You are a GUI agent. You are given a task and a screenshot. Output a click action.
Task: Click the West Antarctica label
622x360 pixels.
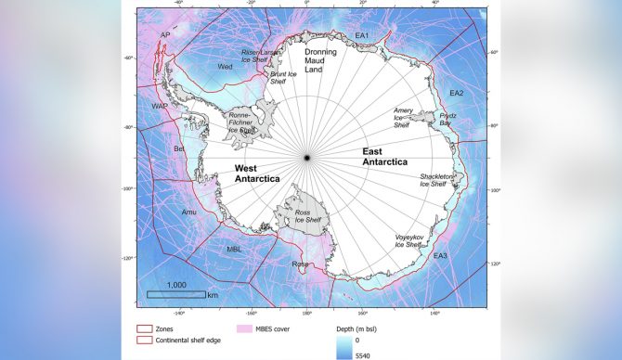click(x=251, y=174)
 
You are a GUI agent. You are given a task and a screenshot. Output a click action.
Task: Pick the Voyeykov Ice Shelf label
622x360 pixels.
click(x=410, y=241)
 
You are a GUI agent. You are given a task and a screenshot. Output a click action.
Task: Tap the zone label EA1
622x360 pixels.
click(x=362, y=36)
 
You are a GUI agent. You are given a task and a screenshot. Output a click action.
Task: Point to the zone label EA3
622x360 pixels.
click(x=440, y=255)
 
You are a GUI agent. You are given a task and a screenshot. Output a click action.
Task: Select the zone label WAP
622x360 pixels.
click(x=161, y=107)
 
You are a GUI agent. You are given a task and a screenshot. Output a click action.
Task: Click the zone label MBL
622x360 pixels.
click(x=235, y=249)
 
